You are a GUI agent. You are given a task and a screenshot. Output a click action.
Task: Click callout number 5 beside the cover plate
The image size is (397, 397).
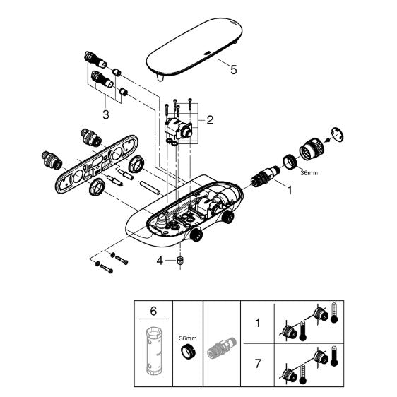click(x=233, y=69)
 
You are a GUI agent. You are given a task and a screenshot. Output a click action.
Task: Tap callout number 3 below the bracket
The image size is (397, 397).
click(x=106, y=114)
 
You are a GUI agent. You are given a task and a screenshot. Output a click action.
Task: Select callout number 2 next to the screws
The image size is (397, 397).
click(x=210, y=120)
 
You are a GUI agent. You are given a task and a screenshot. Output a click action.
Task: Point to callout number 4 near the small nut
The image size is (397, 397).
click(x=160, y=260)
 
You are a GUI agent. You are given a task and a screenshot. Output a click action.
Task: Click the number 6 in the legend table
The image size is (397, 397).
click(x=153, y=311)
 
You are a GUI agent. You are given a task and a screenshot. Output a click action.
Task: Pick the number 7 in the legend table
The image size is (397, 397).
click(x=258, y=364)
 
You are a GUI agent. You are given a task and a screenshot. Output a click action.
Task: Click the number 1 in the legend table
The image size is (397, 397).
click(x=258, y=323)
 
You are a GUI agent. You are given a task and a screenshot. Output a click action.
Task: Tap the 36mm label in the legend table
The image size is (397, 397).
click(x=188, y=338)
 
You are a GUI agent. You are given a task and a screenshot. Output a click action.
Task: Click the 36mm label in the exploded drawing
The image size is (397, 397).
click(x=309, y=173)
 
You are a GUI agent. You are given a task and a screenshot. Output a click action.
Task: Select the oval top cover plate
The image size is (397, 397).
click(x=194, y=47)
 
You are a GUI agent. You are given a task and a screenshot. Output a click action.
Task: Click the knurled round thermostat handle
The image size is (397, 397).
click(x=312, y=149)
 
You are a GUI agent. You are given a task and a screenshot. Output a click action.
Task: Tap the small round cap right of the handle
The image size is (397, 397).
click(x=338, y=134)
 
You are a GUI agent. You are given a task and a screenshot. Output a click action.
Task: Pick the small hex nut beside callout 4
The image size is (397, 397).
click(x=180, y=261)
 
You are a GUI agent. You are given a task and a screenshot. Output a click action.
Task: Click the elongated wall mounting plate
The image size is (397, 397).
click(x=97, y=164)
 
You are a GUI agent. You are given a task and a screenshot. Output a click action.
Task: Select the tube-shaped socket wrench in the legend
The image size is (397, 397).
click(x=154, y=350)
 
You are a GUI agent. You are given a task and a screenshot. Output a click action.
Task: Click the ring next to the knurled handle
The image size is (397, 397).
click(x=290, y=162)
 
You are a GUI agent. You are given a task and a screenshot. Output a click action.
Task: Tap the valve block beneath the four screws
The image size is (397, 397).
click(x=178, y=129)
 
